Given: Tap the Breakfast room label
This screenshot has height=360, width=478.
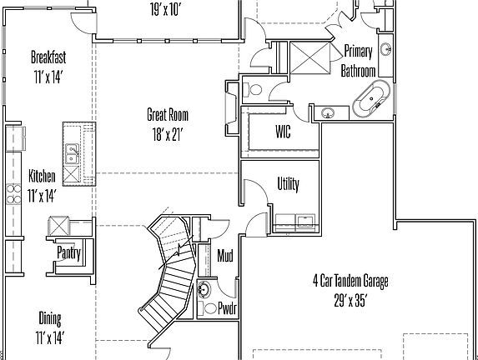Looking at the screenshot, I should point(48,57).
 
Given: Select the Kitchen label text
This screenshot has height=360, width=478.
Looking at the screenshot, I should point(43,177).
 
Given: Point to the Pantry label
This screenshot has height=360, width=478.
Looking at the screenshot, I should point(68,252).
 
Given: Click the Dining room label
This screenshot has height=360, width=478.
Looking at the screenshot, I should point(50,317).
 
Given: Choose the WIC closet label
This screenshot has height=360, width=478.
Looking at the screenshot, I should point(283,132).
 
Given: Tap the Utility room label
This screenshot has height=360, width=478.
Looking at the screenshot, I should point(288,185).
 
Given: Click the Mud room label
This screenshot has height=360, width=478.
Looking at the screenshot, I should point(224,255).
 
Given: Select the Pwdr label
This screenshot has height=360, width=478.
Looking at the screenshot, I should point(227,308).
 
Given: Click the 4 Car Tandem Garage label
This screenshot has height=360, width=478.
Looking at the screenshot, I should point(350,281).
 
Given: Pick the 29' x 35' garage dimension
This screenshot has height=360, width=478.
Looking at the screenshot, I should point(350,301).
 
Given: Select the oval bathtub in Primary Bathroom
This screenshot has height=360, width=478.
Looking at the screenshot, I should point(370,101).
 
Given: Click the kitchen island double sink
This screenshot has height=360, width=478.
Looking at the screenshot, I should point(72,153).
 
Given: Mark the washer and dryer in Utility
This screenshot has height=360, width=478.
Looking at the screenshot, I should point(295,222).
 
